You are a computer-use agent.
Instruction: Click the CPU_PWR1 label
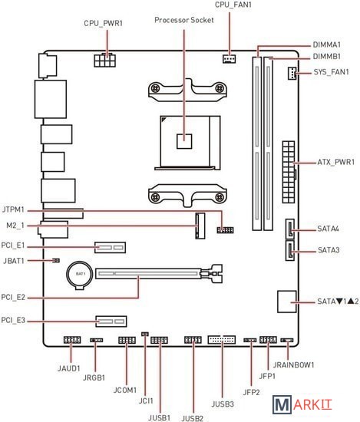coord(103,24)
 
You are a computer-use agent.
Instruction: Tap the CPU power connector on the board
coord(104,60)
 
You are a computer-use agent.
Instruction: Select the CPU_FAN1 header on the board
coord(229,58)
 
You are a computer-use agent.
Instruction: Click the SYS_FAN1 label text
coord(331,72)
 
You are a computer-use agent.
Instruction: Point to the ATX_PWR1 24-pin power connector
coord(289,172)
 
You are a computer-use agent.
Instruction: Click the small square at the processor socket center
coord(184,141)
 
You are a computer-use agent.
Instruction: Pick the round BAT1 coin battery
coord(80,274)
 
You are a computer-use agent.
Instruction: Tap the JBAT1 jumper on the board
coord(56,261)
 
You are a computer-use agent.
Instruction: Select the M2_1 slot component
coord(200,226)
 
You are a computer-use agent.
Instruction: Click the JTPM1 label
coord(13,209)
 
